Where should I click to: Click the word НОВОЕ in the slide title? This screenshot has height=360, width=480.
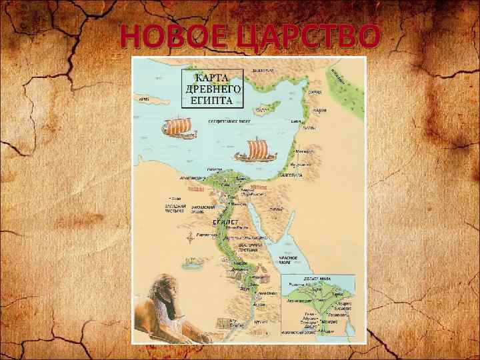point(171,37)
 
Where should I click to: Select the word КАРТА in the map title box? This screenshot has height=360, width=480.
point(213,78)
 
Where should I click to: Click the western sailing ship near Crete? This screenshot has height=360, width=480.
point(179,126)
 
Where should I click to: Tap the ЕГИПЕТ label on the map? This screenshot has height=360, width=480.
point(223,221)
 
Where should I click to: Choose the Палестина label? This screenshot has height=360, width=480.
point(288,175)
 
